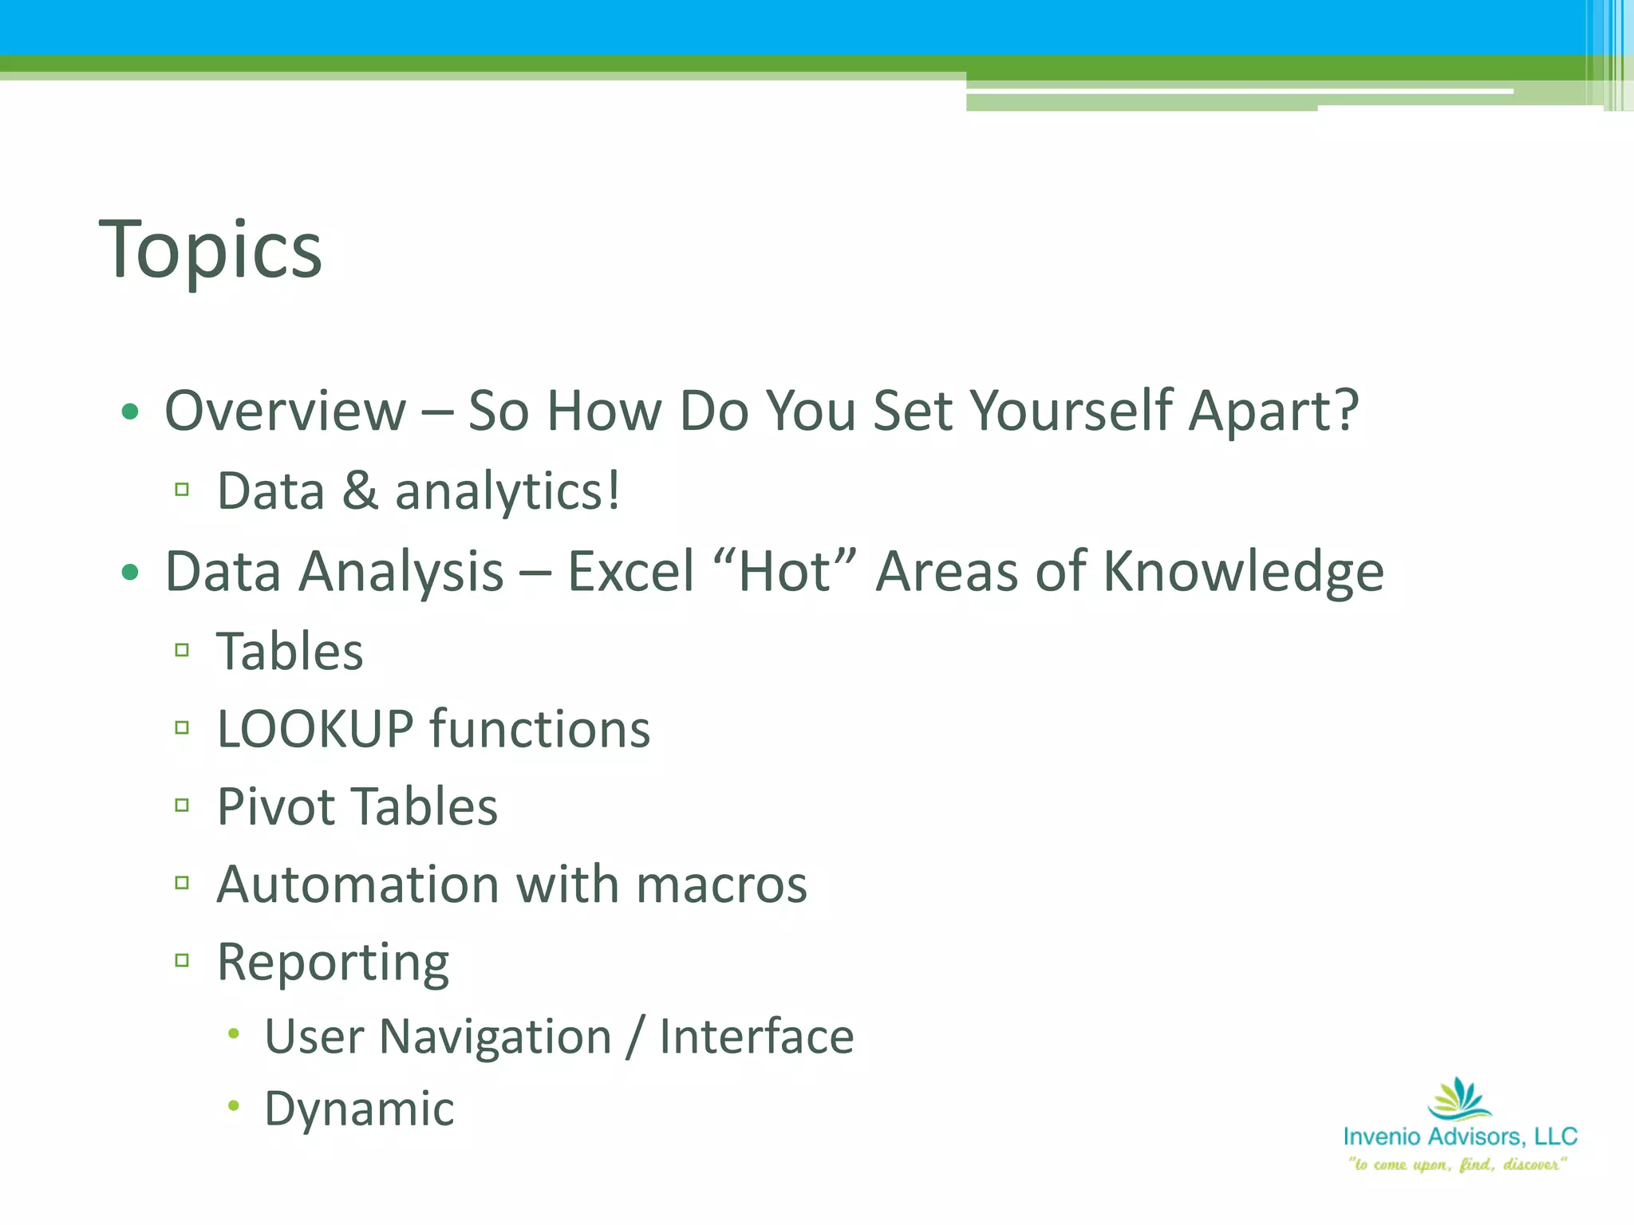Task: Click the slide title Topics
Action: (211, 250)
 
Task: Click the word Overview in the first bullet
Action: (285, 412)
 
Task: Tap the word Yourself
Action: (1072, 412)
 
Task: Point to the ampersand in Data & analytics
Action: (360, 491)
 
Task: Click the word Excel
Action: (630, 573)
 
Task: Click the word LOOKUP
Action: (315, 729)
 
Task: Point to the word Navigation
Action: (495, 1037)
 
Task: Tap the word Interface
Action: (756, 1037)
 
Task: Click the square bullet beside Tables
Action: (182, 651)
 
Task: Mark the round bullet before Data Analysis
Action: (130, 572)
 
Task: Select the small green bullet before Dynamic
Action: (233, 1105)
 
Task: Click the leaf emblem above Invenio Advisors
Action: (1459, 1099)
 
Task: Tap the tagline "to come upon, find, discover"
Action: (1458, 1164)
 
